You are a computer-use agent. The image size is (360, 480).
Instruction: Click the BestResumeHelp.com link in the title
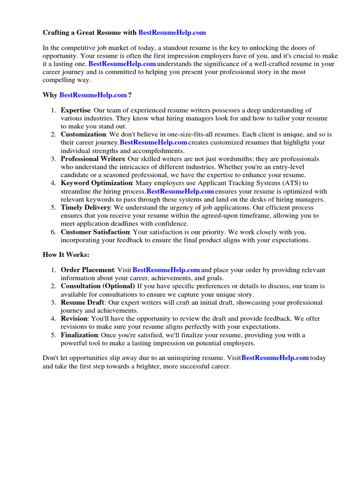point(172,33)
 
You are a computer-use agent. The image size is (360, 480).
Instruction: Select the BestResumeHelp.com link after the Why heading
point(93,95)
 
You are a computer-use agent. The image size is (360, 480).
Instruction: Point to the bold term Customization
point(83,135)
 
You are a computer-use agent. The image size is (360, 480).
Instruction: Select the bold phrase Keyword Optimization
point(97,183)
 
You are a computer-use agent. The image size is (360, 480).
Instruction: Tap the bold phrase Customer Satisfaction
point(95,232)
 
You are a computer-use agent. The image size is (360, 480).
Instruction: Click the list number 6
point(53,232)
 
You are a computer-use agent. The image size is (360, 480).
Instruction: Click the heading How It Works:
point(66,255)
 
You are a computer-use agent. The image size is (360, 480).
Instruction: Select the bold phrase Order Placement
point(88,270)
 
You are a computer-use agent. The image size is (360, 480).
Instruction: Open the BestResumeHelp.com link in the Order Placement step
point(166,270)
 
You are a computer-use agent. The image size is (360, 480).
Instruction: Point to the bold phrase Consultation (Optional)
point(97,286)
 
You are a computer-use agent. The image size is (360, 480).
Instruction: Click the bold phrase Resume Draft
point(82,302)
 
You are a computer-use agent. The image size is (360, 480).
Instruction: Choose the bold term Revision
point(74,319)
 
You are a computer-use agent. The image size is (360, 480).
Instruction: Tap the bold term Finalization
point(79,335)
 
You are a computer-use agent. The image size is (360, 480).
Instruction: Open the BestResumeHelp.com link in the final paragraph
point(275,358)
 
